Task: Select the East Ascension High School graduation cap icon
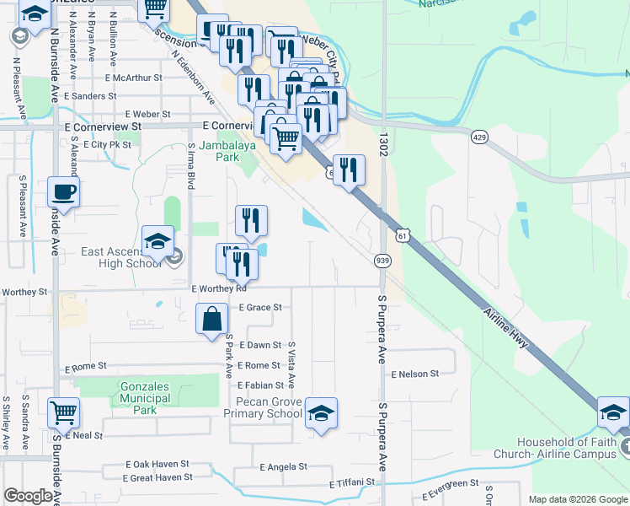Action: click(157, 243)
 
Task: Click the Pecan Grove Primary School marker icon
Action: click(321, 413)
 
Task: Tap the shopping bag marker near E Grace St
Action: click(212, 320)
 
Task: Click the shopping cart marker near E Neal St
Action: click(64, 413)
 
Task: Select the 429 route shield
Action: click(479, 137)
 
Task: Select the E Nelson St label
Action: click(414, 374)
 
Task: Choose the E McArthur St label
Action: click(133, 78)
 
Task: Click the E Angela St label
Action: click(283, 466)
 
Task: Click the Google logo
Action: click(28, 496)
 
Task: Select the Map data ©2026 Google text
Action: click(578, 499)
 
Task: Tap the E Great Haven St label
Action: click(157, 477)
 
